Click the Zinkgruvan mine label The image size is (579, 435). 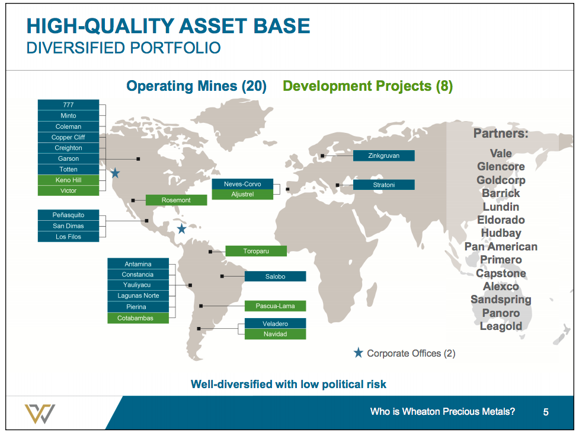pyautogui.click(x=383, y=156)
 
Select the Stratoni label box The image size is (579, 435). pyautogui.click(x=383, y=185)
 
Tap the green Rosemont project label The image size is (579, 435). pyautogui.click(x=176, y=201)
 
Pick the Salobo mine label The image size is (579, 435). pyautogui.click(x=275, y=277)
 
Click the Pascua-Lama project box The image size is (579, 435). pyautogui.click(x=275, y=306)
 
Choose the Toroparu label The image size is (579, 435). pyautogui.click(x=256, y=251)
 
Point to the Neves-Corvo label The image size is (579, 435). pyautogui.click(x=242, y=184)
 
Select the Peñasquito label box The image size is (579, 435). pyautogui.click(x=68, y=215)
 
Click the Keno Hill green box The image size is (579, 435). pyautogui.click(x=68, y=180)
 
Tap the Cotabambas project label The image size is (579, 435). pyautogui.click(x=138, y=318)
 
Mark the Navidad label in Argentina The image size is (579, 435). pyautogui.click(x=275, y=334)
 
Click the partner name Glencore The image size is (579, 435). pyautogui.click(x=501, y=167)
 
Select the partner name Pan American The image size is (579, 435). pyautogui.click(x=501, y=247)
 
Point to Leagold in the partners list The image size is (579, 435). pyautogui.click(x=501, y=326)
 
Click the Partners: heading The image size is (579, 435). pyautogui.click(x=501, y=134)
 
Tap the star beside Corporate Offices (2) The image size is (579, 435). pyautogui.click(x=358, y=353)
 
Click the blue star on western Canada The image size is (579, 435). pyautogui.click(x=115, y=173)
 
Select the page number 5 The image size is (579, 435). pyautogui.click(x=546, y=412)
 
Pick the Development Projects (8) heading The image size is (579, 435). pyautogui.click(x=367, y=86)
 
